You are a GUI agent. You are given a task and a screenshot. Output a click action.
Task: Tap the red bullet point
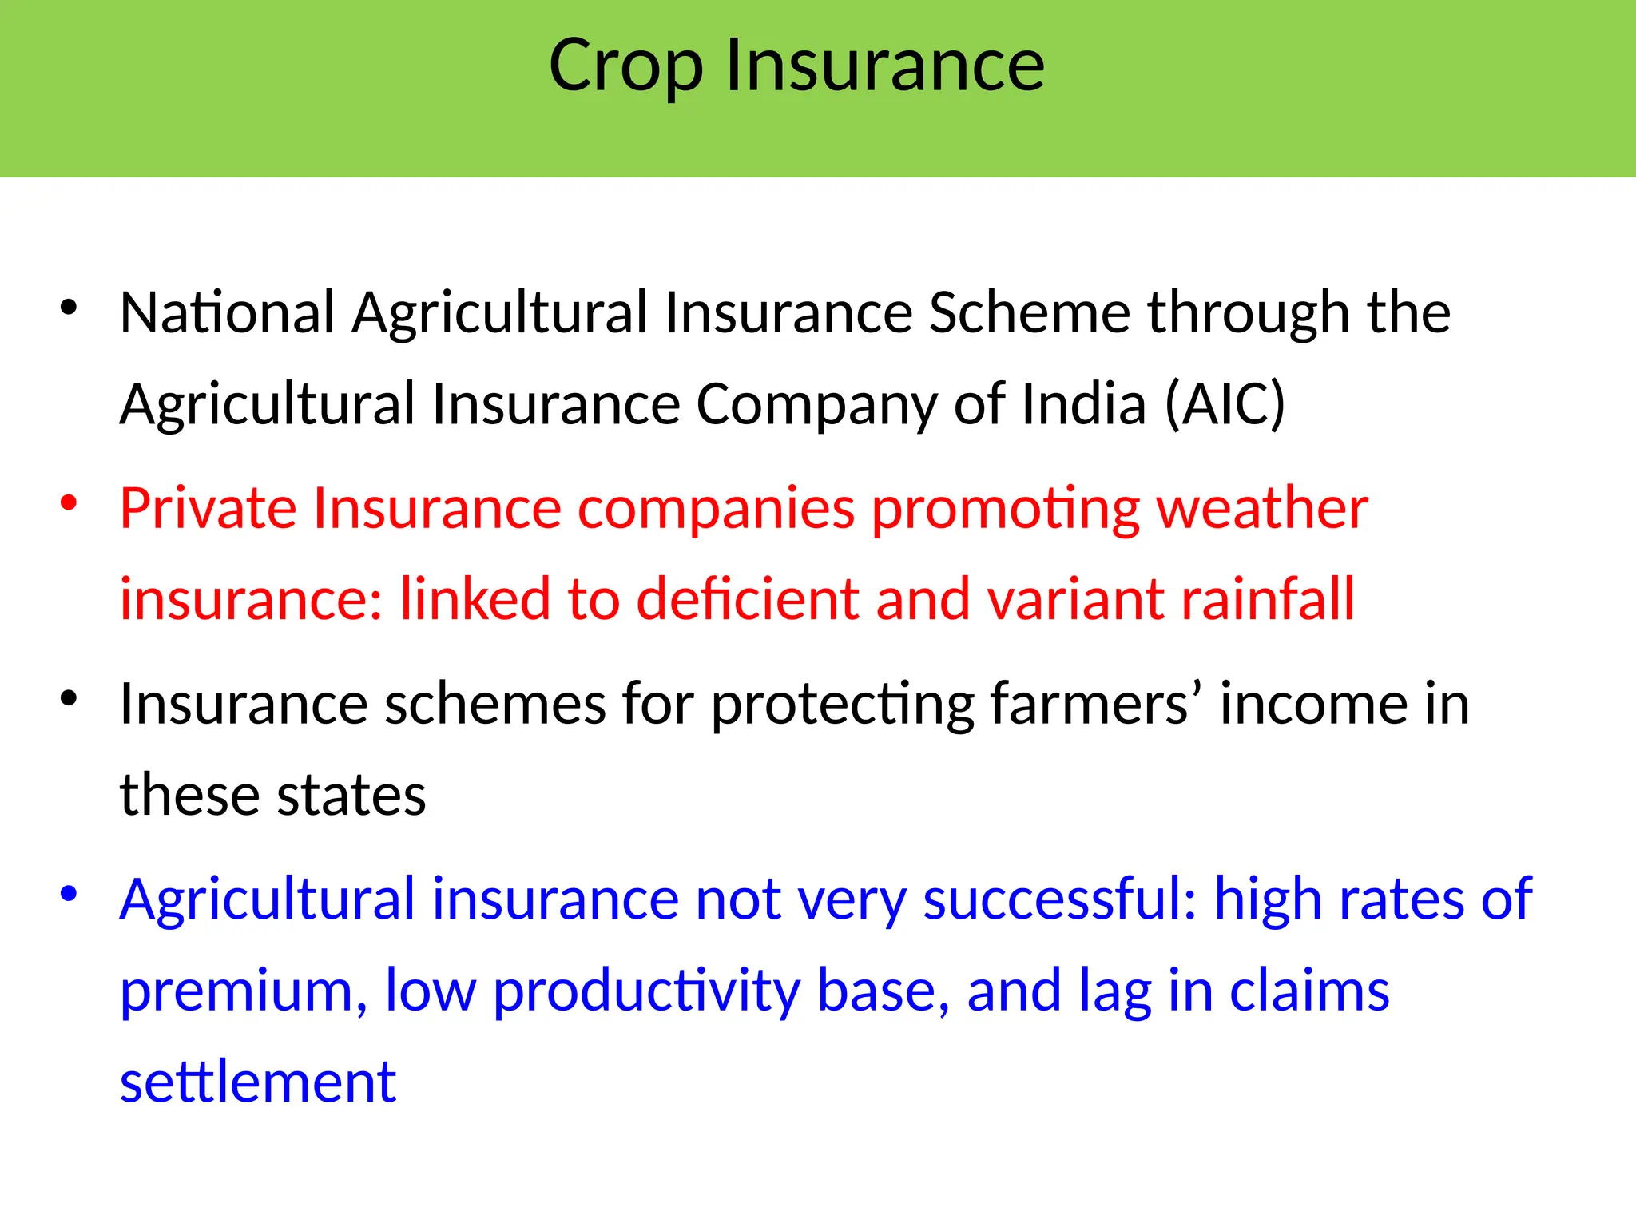(69, 502)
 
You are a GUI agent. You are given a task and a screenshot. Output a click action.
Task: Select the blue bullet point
(69, 893)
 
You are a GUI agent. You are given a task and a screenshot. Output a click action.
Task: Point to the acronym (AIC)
(1225, 404)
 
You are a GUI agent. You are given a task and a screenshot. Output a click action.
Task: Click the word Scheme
(1030, 312)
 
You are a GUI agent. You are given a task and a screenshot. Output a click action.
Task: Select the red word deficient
(747, 599)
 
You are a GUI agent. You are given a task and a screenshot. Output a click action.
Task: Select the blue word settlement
(257, 1082)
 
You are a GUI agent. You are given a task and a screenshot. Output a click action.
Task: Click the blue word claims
(1309, 991)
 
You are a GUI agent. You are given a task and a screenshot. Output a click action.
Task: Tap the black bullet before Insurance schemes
(69, 698)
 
